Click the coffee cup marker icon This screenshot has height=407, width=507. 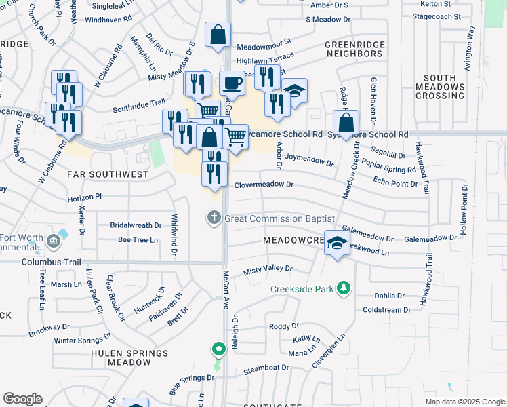pos(232,83)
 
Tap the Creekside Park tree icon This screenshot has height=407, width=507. pos(344,288)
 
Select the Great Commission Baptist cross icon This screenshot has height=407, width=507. pos(214,218)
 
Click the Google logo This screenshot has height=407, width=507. pos(22,399)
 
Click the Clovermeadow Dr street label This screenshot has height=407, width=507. pos(264,185)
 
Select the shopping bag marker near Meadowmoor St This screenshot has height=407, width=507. pos(218,35)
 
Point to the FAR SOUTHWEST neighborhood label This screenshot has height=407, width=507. pos(108,174)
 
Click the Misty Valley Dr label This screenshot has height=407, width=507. pos(267,269)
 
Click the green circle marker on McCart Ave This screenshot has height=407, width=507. pos(218,349)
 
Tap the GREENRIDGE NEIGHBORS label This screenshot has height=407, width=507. pos(354,48)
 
